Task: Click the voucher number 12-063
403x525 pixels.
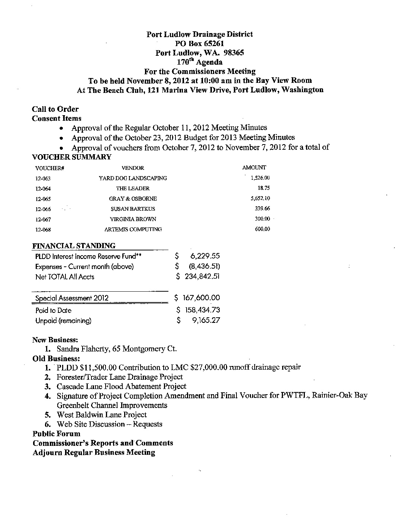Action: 43,178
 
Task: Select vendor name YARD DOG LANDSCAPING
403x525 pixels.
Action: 133,178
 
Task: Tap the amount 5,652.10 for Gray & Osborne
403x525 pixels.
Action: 260,199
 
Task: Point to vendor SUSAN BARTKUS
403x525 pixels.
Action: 133,209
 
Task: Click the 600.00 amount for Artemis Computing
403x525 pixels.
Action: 262,229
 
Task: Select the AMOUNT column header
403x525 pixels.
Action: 254,168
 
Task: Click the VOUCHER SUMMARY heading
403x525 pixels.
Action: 72,157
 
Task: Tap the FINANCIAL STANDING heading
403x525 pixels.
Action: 74,246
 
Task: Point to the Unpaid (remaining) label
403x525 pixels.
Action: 63,321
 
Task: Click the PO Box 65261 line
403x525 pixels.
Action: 199,43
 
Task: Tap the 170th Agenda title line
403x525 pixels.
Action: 199,62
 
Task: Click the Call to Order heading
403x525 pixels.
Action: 55,109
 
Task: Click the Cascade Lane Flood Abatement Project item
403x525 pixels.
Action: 121,386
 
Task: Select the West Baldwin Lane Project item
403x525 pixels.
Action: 101,415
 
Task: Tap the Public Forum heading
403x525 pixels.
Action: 56,434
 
